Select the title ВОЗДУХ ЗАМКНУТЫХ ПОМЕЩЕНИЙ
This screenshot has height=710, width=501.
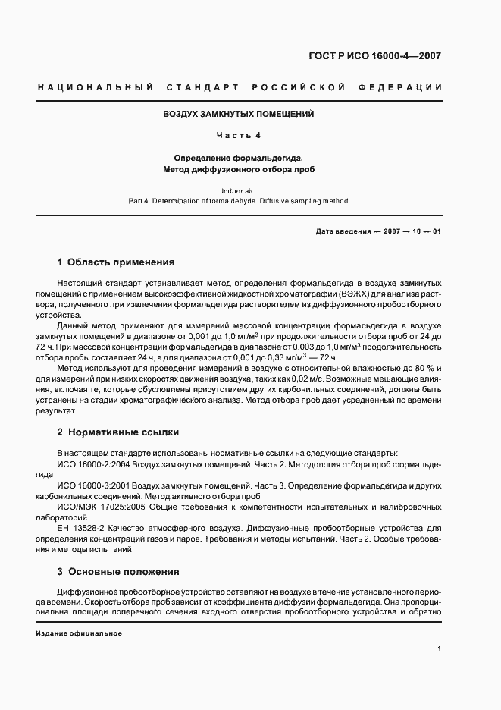pos(239,115)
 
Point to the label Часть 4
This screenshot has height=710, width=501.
pos(239,136)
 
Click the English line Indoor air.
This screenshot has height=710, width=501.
pos(239,191)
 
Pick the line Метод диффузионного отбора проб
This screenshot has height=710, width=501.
pos(239,169)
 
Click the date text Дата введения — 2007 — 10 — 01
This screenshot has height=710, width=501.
pos(378,231)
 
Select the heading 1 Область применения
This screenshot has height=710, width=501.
pos(116,262)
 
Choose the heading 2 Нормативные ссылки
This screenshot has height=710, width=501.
pos(118,432)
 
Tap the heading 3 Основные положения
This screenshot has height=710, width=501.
pos(118,571)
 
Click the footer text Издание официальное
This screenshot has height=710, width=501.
pos(79,633)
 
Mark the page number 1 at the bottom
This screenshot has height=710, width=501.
pos(440,649)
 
